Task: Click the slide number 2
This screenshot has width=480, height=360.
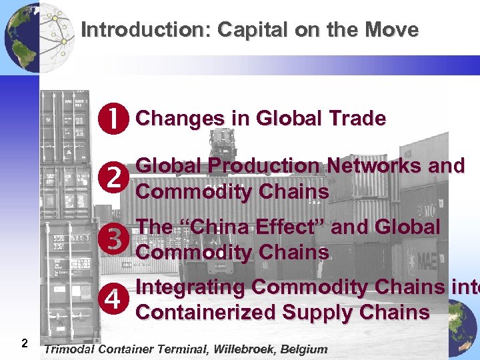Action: pyautogui.click(x=24, y=343)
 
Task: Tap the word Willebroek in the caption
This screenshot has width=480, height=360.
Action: pyautogui.click(x=237, y=349)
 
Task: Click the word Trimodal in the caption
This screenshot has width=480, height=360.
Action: pyautogui.click(x=70, y=349)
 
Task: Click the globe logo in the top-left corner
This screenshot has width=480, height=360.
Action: pyautogui.click(x=23, y=37)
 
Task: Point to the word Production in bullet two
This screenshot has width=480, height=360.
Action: pyautogui.click(x=260, y=165)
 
